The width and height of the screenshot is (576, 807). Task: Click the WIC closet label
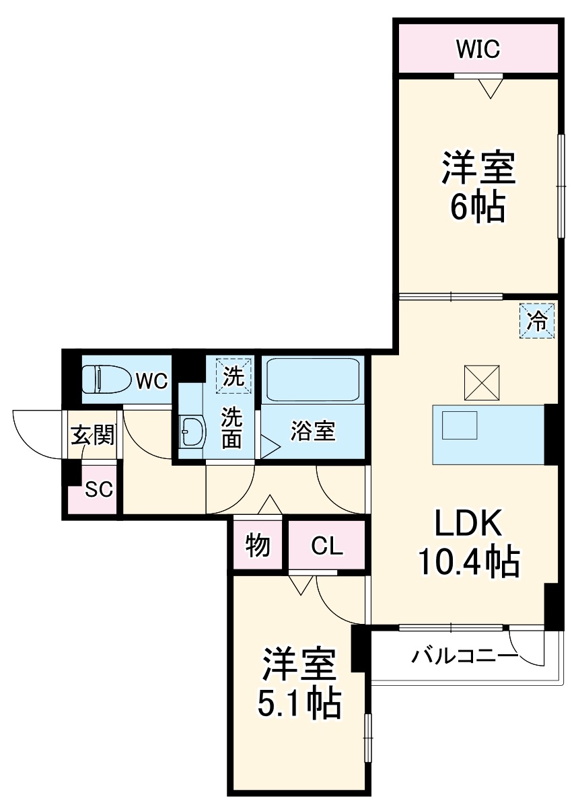coord(478,49)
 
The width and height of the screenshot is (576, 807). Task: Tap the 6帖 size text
coord(477,209)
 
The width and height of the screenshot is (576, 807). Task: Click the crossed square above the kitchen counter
coord(481,382)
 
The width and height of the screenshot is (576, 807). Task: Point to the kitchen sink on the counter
coord(460,425)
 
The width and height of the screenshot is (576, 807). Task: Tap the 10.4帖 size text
coord(468,562)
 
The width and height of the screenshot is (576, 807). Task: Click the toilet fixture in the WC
coord(106,380)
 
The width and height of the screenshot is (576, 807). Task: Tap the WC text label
coord(151,381)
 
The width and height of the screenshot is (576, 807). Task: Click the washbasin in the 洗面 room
coord(192,431)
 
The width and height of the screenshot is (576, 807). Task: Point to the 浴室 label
coord(313,431)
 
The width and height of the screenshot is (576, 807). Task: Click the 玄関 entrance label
coord(93,435)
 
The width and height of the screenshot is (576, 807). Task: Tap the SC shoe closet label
coord(98,489)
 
